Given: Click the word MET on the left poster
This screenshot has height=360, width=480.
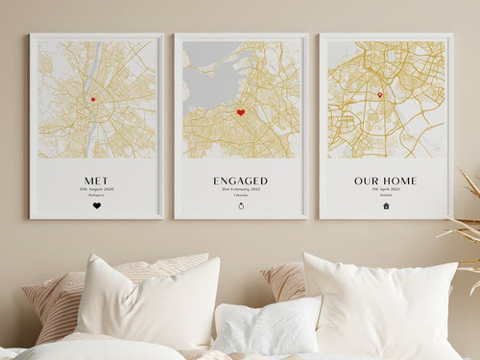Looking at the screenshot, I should [96, 179].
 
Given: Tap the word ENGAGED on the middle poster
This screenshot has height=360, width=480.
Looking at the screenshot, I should [240, 180].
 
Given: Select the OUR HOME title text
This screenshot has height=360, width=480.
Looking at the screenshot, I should [385, 180].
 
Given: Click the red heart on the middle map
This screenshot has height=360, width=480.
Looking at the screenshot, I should [241, 112].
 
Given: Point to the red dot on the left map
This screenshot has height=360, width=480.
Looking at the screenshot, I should [93, 99].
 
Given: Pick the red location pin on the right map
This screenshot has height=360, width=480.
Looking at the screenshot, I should [380, 94].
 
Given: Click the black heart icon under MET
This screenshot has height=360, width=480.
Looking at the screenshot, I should [96, 204].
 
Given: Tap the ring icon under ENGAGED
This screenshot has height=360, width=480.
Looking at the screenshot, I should [241, 204].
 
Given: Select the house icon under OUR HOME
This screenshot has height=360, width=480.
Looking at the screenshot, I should [386, 204].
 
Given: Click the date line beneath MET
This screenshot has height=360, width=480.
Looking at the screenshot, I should [96, 188].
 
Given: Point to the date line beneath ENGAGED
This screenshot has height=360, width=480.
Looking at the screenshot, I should [240, 188].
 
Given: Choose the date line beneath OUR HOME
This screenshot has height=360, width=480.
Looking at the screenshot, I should [385, 188].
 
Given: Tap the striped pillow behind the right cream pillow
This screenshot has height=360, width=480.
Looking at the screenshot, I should [285, 280].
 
